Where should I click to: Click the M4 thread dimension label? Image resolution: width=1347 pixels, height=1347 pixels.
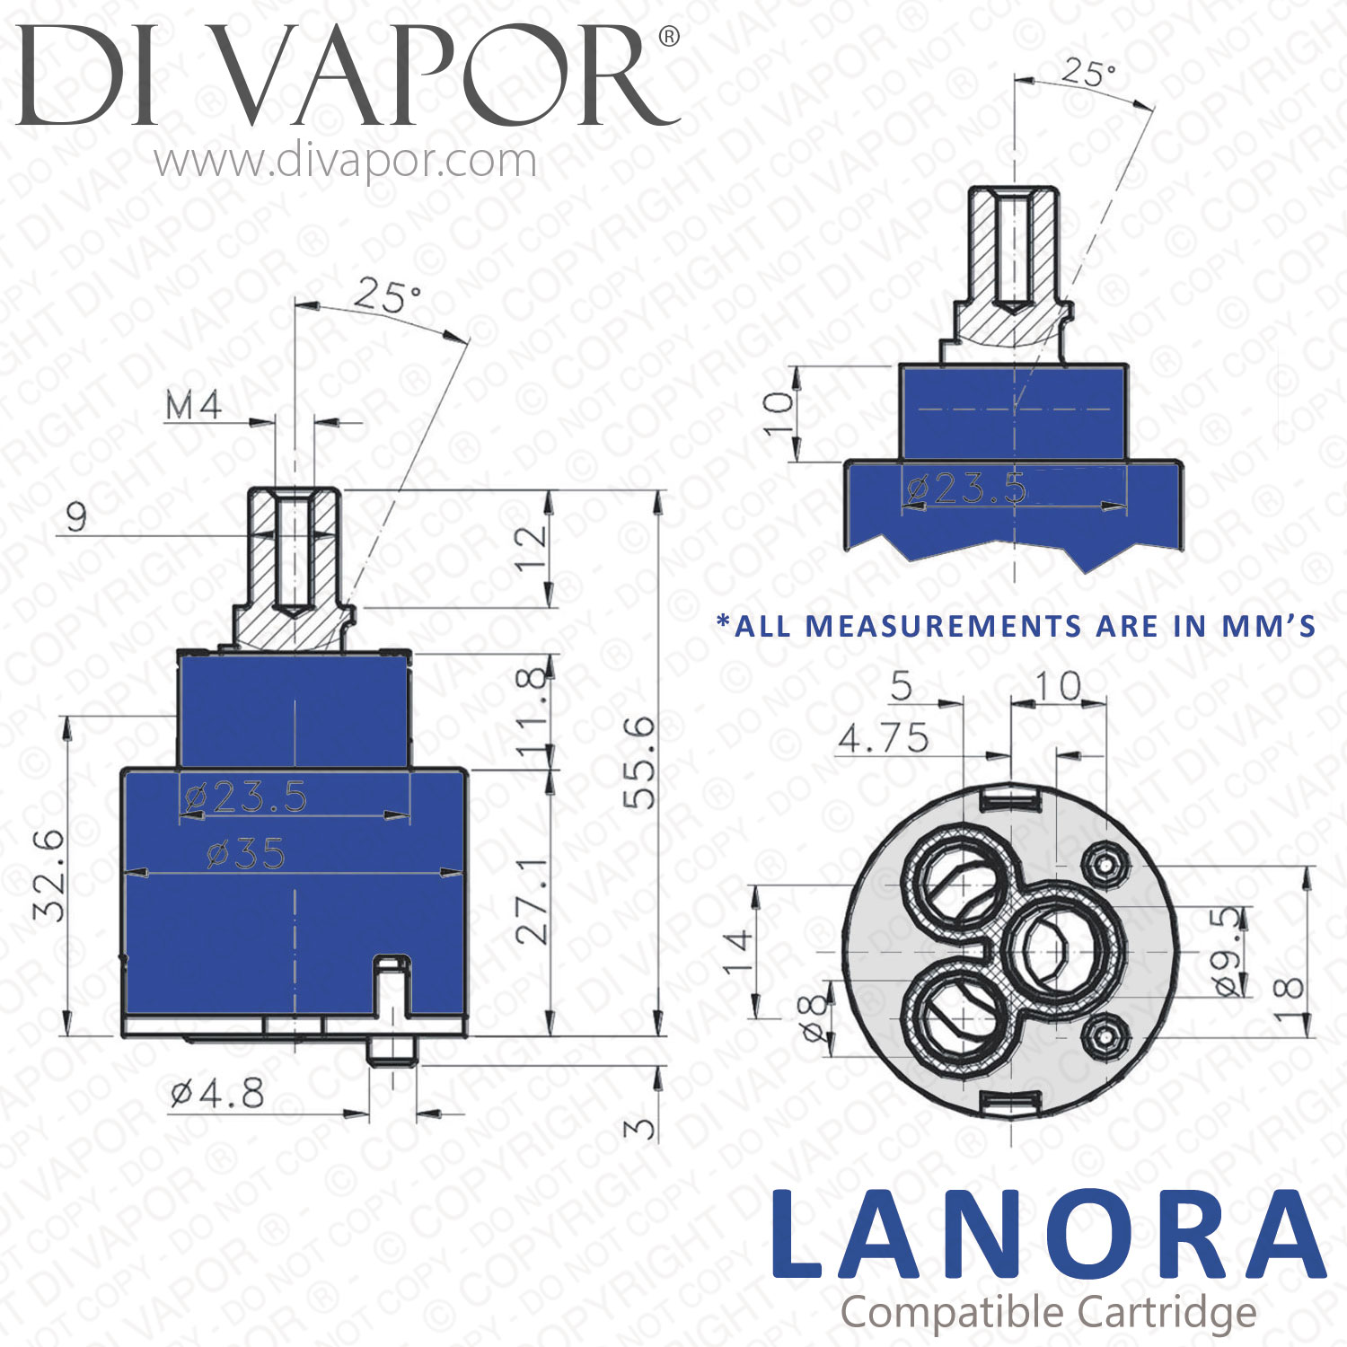194,406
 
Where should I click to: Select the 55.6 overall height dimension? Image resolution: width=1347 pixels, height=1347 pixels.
639,762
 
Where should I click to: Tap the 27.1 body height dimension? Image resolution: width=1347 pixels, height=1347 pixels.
533,899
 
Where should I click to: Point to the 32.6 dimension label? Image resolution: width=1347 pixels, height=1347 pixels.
48,876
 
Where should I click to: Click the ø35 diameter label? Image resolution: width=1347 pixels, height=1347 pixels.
245,853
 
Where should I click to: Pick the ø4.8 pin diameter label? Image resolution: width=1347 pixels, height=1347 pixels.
217,1094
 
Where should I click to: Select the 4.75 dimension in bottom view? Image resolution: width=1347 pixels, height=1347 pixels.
884,738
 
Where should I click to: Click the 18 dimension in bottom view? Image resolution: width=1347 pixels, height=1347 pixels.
1288,998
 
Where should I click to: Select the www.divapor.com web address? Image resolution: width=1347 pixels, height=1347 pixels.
346,162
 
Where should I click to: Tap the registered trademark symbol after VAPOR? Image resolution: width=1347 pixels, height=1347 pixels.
669,37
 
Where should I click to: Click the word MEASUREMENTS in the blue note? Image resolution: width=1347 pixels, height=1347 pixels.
942,626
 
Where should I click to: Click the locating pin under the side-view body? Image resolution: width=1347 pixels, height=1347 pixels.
392,1051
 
